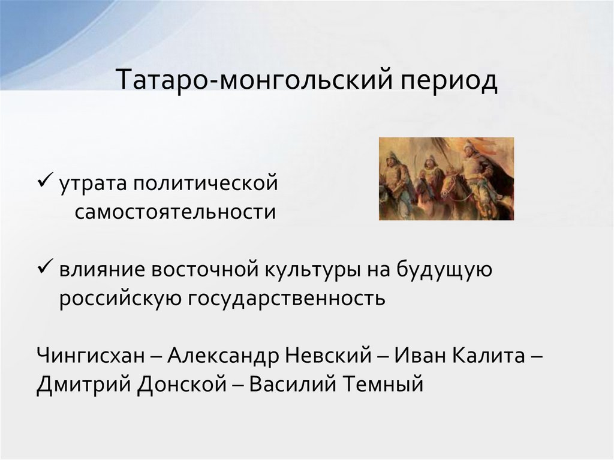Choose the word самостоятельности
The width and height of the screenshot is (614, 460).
pos(176,211)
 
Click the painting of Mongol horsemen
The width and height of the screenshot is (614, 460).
pos(446,179)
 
